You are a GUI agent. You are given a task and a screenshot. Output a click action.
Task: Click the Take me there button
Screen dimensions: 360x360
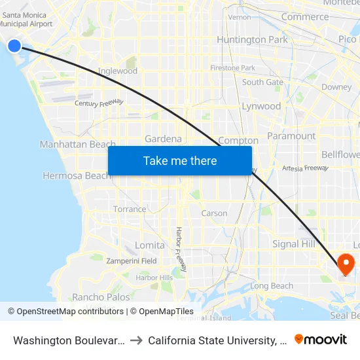[180, 161]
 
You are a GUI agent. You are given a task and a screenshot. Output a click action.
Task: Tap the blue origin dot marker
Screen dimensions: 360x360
[14, 45]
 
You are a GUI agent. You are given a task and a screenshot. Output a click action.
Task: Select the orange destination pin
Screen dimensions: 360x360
[345, 264]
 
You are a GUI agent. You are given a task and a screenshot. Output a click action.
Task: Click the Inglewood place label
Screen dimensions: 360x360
[118, 71]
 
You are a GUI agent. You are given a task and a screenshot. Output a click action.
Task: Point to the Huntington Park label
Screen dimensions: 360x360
[252, 40]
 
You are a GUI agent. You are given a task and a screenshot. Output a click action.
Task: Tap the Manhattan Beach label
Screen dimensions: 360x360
[77, 144]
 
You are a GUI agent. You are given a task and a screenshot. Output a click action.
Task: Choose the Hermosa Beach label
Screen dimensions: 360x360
[76, 175]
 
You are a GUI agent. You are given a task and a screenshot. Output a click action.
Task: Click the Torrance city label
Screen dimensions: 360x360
[130, 209]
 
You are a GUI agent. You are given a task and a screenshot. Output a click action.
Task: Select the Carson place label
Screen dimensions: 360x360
[214, 213]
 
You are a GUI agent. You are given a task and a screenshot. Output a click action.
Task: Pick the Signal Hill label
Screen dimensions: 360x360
[294, 243]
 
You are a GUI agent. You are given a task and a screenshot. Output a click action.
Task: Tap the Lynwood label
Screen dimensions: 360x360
[261, 106]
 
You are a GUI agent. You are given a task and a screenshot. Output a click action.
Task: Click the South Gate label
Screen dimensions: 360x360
[262, 82]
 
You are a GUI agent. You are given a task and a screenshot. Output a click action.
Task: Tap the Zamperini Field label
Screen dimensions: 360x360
[132, 261]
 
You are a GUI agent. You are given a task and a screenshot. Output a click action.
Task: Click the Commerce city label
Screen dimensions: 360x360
[304, 17]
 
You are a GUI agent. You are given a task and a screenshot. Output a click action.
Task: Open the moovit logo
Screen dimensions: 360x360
[320, 340]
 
